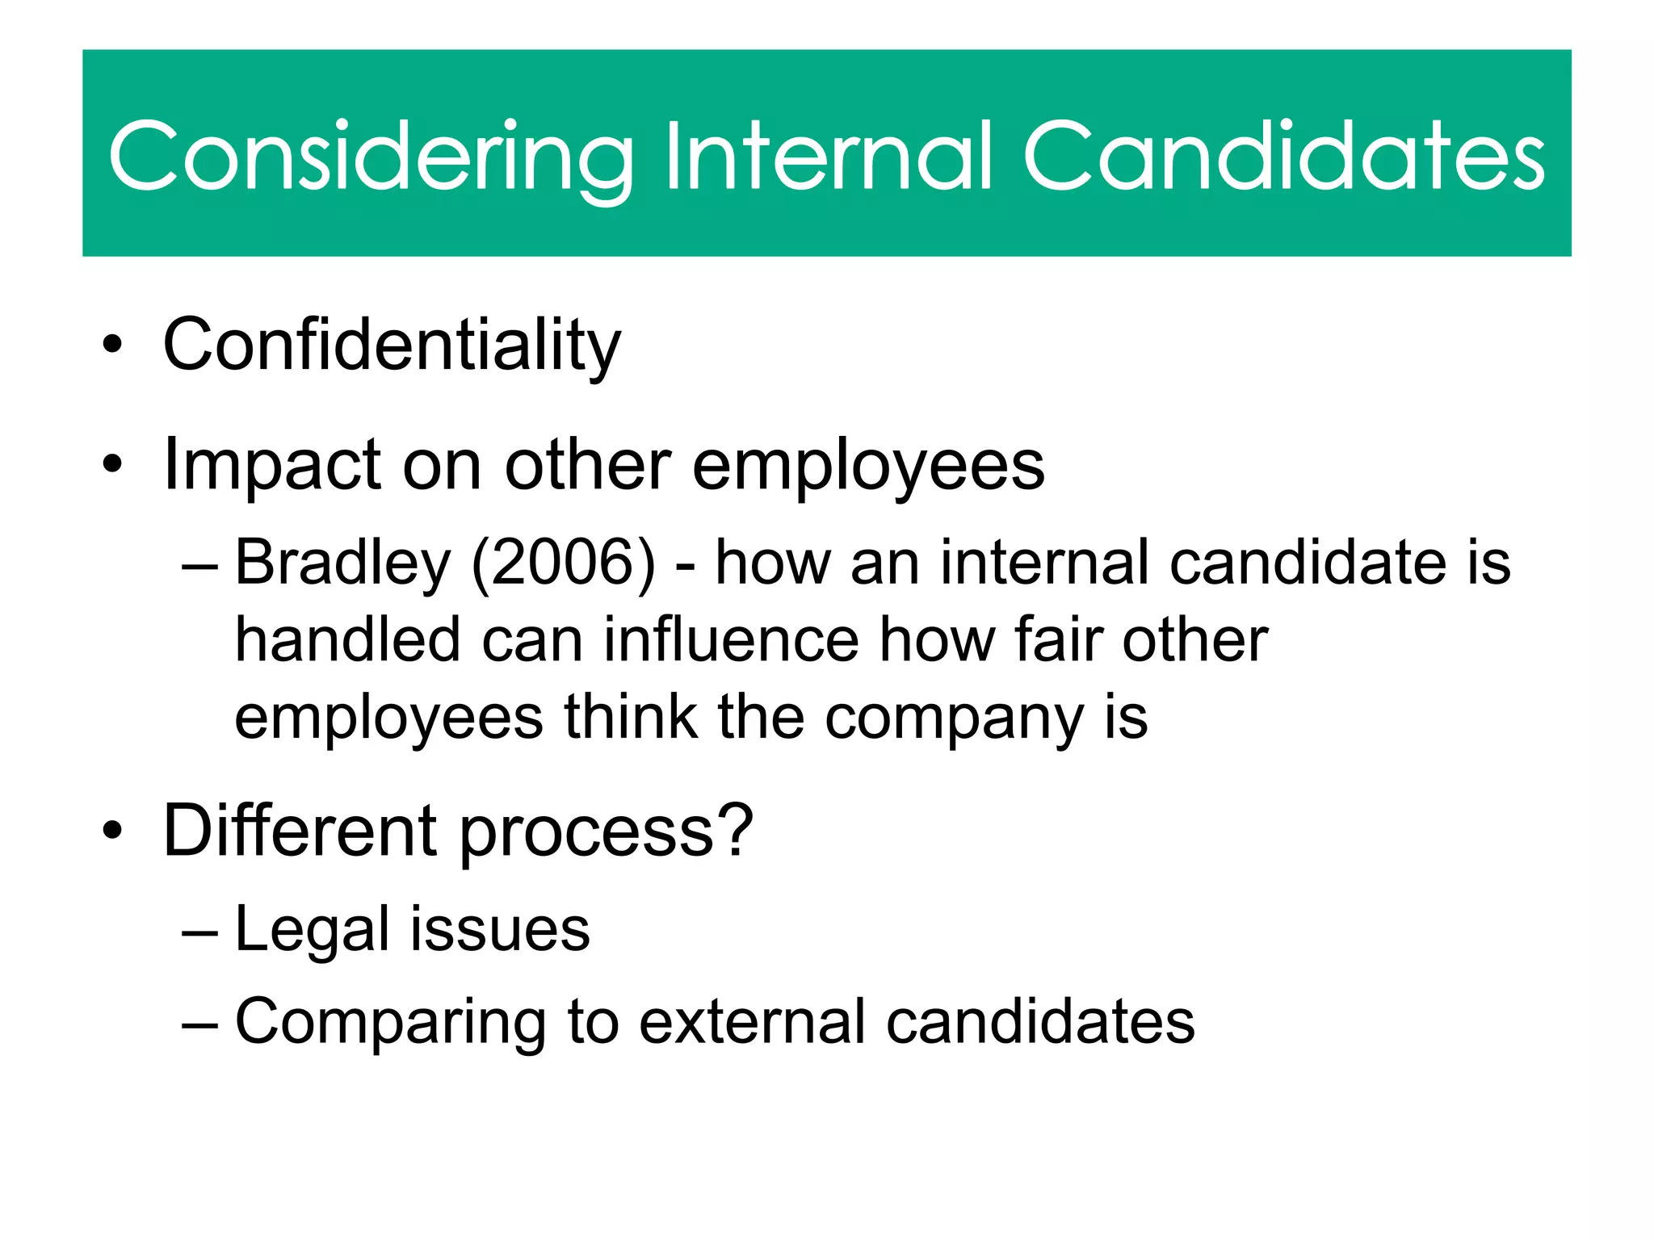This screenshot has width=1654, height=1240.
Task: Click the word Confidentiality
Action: (x=392, y=346)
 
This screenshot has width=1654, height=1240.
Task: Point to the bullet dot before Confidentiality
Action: (x=112, y=346)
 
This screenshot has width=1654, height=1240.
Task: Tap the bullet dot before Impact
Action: (x=112, y=465)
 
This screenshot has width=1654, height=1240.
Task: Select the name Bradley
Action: (x=342, y=563)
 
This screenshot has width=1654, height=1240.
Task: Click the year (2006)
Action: (x=563, y=563)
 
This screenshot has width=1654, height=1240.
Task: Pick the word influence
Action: (x=731, y=639)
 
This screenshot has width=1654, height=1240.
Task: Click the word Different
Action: (x=300, y=831)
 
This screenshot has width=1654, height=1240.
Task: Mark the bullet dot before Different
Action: (x=112, y=831)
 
